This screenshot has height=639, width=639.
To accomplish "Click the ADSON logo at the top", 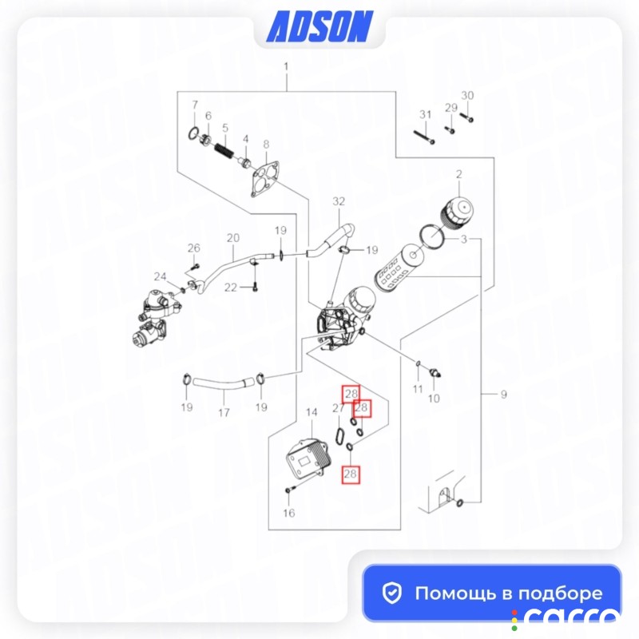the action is (x=319, y=26).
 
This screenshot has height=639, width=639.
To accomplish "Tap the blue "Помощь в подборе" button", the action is (x=492, y=593).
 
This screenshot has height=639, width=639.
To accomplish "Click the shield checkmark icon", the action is (x=392, y=593).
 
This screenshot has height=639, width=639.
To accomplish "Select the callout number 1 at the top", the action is (x=286, y=66).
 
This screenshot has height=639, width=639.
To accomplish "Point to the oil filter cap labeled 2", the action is (x=457, y=212).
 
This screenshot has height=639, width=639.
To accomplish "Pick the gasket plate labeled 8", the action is (x=265, y=179).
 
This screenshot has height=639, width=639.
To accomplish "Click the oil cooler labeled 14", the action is (x=309, y=458).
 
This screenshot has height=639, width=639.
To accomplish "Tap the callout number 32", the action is (x=339, y=201).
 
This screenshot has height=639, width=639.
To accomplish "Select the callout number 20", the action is (x=233, y=237).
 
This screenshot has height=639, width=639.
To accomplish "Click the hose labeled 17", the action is (x=224, y=383).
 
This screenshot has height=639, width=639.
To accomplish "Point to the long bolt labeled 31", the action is (x=424, y=137).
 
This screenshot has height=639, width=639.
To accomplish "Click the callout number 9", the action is (x=504, y=394).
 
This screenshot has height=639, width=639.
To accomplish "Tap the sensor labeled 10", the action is (x=435, y=373).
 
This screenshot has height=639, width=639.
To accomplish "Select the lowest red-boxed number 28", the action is (x=351, y=474).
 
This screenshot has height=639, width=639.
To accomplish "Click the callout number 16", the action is (x=289, y=513).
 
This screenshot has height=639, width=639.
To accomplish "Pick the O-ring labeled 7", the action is (x=194, y=133).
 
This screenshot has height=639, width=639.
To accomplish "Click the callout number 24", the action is (x=161, y=276).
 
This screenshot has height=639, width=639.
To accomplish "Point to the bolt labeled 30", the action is (x=467, y=117).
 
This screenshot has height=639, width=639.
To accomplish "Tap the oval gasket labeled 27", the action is (x=339, y=435).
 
